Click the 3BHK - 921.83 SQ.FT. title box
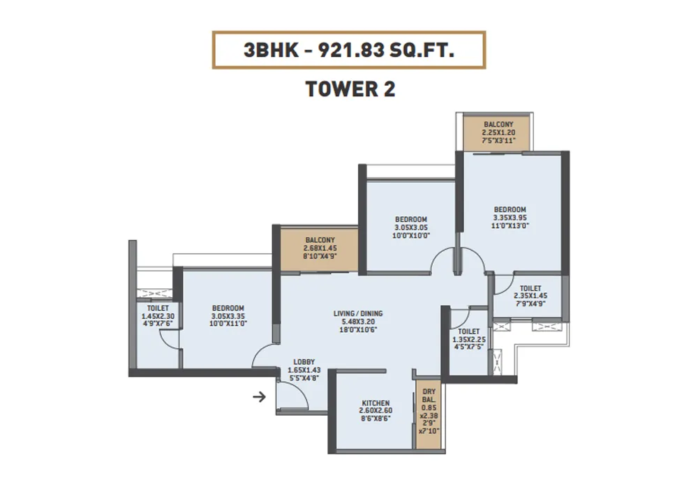[x=349, y=50]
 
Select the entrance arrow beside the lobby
[x=259, y=398]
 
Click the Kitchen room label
[x=376, y=403]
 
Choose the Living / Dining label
[x=358, y=313]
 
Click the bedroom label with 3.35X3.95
[x=510, y=210]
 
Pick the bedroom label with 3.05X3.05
[x=410, y=220]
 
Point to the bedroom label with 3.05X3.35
[x=228, y=308]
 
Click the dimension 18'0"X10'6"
[x=358, y=330]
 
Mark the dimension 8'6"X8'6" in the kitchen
[x=376, y=419]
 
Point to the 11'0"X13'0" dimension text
[x=510, y=226]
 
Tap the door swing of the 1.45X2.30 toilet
[x=170, y=340]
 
